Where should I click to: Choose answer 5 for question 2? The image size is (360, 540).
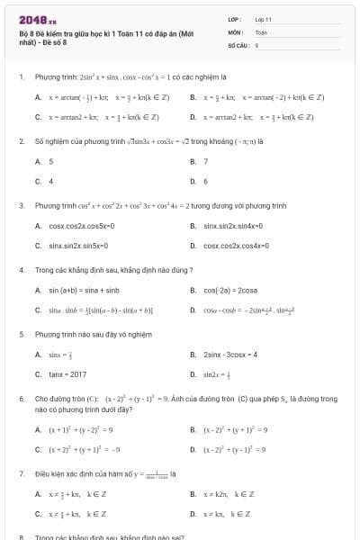click(x=51, y=161)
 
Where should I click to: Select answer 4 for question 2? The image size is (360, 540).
click(x=51, y=181)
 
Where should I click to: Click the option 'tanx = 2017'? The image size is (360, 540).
click(x=67, y=374)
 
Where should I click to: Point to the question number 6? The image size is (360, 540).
click(x=21, y=398)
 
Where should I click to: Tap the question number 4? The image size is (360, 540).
click(x=21, y=270)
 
